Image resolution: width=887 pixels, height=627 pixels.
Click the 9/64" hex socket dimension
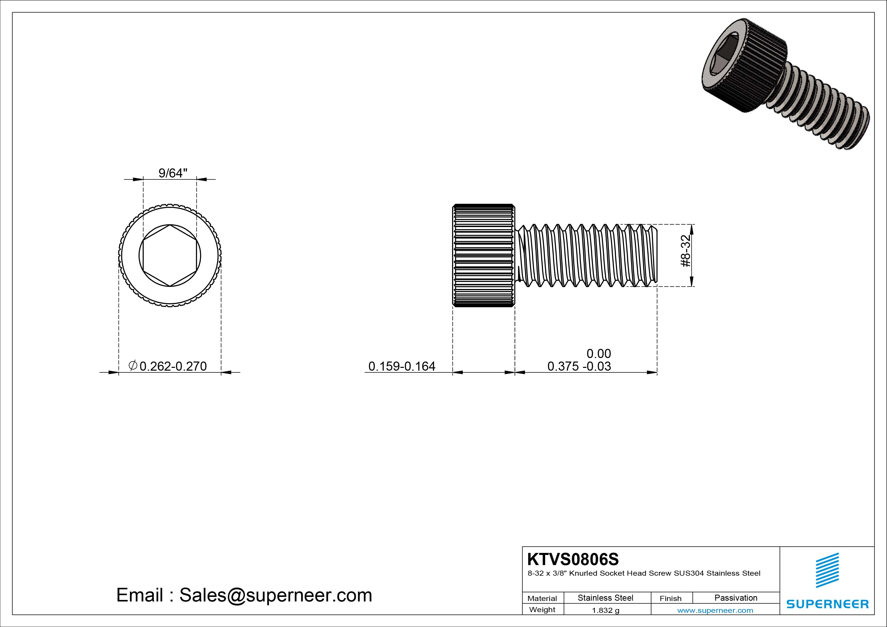pos(173,173)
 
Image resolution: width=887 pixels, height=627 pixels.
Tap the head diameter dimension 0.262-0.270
pos(173,366)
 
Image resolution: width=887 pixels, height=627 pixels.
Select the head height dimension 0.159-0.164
pos(402,366)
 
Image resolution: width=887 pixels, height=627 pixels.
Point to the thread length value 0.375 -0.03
pos(579,366)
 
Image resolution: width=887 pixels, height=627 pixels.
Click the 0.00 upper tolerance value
pos(598,353)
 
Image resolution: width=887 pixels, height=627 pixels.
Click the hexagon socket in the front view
pos(170,255)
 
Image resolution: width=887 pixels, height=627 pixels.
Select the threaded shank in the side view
pos(587,255)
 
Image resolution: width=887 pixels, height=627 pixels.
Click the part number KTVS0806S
pos(573,559)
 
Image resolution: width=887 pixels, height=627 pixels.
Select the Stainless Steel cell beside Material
pos(605,598)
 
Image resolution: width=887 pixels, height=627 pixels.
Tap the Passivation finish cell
pos(736,598)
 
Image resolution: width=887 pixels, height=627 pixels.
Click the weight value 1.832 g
pos(605,610)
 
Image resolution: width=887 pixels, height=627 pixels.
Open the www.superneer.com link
pos(715,610)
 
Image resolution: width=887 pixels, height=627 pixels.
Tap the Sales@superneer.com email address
pos(275,595)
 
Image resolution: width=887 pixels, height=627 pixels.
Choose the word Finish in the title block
pos(671,598)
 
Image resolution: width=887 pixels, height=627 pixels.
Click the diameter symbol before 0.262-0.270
pos(132,365)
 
